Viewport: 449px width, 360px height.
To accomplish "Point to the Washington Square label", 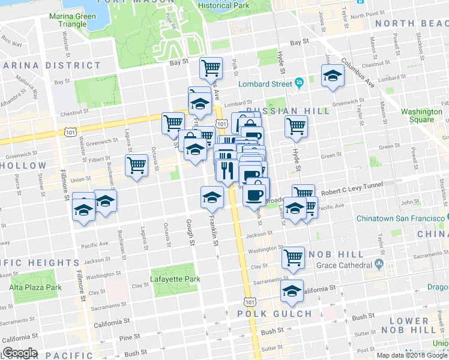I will [x=421, y=115].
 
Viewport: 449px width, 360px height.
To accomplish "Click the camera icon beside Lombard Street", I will [x=298, y=83].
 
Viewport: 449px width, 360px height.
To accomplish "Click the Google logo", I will [x=20, y=353].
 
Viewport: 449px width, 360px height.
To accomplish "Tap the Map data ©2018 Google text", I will [x=412, y=355].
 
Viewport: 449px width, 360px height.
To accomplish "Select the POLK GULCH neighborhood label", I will [x=275, y=314].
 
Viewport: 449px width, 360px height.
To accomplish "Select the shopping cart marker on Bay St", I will [x=211, y=68].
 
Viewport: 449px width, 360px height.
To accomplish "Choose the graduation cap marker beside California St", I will [x=292, y=292].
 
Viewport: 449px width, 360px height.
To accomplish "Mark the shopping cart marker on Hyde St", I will [x=296, y=126].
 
